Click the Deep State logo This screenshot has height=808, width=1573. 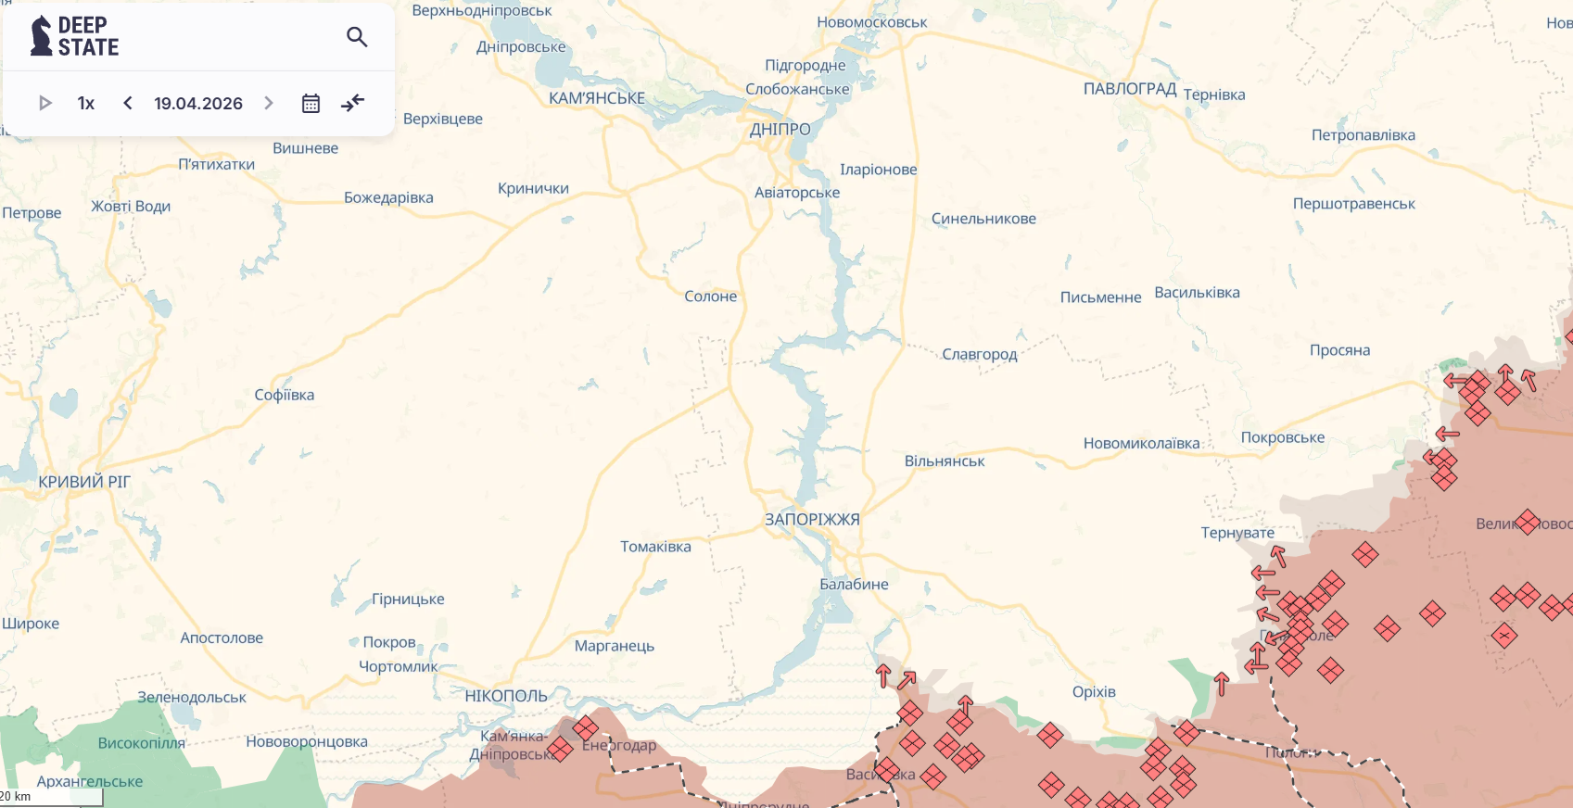tap(74, 36)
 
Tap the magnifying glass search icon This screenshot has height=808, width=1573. tap(357, 37)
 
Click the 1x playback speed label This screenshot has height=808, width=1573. tap(86, 104)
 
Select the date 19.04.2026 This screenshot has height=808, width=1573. tap(198, 104)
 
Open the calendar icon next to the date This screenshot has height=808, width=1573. tap(311, 104)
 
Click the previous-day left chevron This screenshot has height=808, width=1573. tap(128, 103)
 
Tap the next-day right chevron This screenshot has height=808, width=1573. tap(269, 103)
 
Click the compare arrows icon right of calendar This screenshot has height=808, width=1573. tap(353, 103)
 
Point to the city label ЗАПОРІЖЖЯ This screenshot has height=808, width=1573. tap(812, 520)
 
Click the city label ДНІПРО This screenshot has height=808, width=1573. tap(780, 130)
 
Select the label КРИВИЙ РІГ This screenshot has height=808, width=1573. tap(84, 482)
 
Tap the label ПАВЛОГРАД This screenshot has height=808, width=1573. tap(1130, 89)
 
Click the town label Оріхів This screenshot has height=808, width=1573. tap(1094, 692)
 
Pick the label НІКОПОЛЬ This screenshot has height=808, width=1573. tap(506, 696)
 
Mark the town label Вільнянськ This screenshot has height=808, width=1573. tap(945, 461)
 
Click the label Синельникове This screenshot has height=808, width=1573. tap(983, 219)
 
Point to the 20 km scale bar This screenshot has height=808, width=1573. tap(51, 797)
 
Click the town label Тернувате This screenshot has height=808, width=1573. tap(1237, 533)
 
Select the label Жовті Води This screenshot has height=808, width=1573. tap(131, 206)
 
